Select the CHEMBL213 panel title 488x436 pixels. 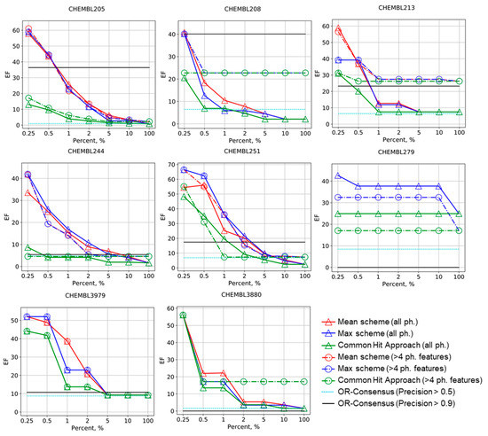click(x=397, y=7)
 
